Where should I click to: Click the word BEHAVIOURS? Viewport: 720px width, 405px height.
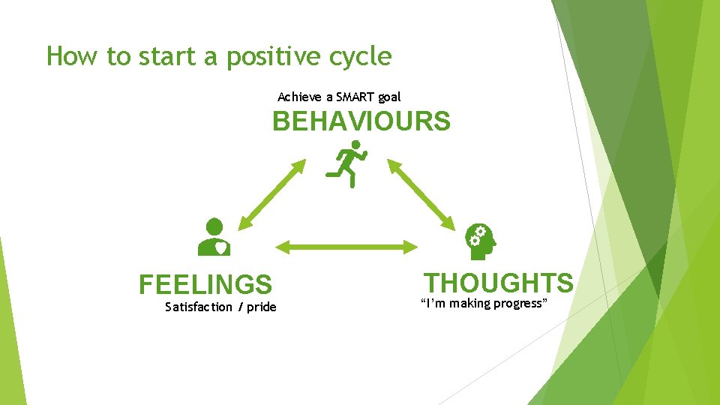(x=361, y=121)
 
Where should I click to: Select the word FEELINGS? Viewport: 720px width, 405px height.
(x=205, y=285)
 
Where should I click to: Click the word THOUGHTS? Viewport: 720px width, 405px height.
(x=499, y=283)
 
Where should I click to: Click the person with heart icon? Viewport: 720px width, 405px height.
(x=214, y=237)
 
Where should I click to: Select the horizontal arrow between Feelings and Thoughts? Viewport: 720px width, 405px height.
(x=346, y=246)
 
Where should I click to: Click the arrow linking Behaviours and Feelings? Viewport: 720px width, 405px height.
(x=271, y=193)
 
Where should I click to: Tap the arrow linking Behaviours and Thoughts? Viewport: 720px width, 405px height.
(x=421, y=193)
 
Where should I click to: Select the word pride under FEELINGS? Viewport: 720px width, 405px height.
(x=261, y=307)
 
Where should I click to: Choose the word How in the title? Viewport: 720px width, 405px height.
(x=69, y=56)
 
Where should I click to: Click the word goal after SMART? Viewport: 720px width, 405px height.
(x=389, y=97)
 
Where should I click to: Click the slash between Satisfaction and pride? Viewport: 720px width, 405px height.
(x=239, y=307)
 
